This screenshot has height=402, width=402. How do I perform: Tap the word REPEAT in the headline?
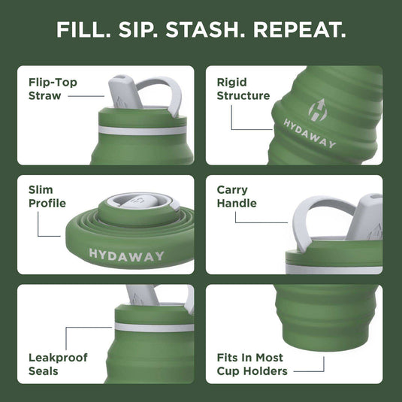tap(300, 31)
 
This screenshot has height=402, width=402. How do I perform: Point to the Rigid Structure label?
tap(243, 89)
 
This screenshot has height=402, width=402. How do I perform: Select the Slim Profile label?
tap(47, 197)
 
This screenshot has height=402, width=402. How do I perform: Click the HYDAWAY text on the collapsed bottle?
tap(126, 255)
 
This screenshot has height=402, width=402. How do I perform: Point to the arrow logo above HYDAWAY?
tap(299, 104)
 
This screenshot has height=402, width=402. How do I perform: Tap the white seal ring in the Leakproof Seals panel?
tap(154, 327)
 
